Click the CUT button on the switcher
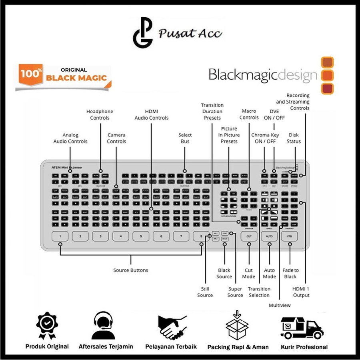[249, 236]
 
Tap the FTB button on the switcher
[290, 236]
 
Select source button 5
[141, 236]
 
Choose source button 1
[60, 236]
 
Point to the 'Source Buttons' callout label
[130, 270]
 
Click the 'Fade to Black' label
[290, 274]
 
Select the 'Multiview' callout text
[280, 305]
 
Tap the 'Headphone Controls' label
[100, 115]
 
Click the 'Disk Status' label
[294, 138]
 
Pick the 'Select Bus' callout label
[185, 138]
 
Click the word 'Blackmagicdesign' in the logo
[263, 75]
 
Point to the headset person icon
[103, 326]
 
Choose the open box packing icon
[237, 326]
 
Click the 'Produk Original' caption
[47, 347]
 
